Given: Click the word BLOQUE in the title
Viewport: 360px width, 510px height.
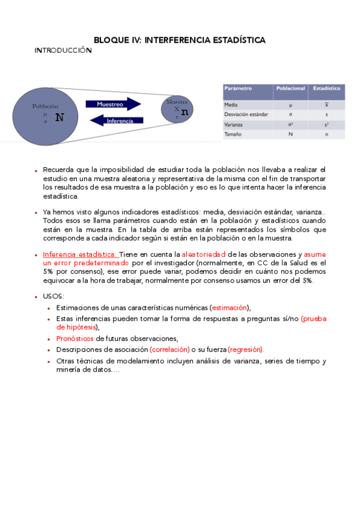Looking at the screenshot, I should [x=111, y=40].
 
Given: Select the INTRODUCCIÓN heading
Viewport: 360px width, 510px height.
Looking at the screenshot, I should [x=63, y=51].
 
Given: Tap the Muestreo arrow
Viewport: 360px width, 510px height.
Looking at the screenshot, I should [x=112, y=104].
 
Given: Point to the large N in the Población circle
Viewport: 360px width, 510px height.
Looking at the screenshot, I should [x=59, y=117].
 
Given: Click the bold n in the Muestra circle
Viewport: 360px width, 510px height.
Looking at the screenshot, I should [x=185, y=112].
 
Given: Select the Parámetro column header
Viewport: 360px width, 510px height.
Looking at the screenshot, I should [x=238, y=88].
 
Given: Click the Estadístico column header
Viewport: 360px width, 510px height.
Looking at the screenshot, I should [x=327, y=88].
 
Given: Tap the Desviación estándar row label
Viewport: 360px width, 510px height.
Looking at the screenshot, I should [x=246, y=114].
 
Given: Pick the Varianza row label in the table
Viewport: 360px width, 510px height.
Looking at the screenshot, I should [x=234, y=124].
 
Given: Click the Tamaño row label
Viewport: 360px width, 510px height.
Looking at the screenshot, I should [x=233, y=134].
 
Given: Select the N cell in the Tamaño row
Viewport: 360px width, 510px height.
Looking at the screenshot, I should [x=291, y=134].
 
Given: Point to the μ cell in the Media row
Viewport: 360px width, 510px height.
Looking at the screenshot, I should [x=291, y=104].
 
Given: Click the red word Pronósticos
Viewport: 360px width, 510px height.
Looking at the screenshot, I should [x=75, y=339].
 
